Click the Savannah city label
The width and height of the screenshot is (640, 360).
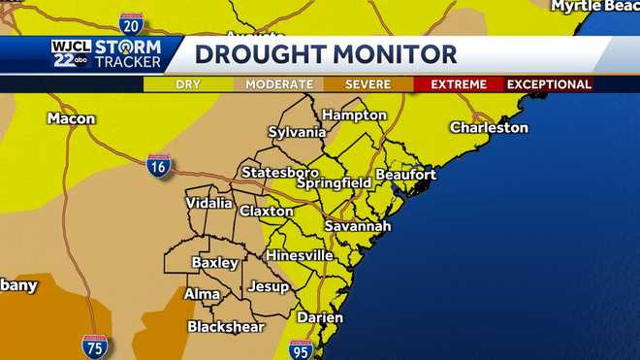[357, 225]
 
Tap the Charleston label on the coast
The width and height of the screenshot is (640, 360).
[489, 127]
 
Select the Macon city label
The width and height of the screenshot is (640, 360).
[72, 118]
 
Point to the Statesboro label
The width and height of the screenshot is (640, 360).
[280, 173]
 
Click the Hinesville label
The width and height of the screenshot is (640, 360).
[300, 255]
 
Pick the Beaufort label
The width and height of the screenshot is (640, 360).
[405, 174]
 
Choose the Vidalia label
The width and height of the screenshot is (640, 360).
[209, 203]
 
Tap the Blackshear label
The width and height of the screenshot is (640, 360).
[226, 327]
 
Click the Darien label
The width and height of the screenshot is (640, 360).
[320, 317]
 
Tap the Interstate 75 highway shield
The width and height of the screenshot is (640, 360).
[95, 345]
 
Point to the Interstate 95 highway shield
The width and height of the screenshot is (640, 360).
[301, 349]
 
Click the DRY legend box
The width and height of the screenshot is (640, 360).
[188, 84]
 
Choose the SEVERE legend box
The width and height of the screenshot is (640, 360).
[368, 84]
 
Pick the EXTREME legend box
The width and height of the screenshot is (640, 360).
[458, 84]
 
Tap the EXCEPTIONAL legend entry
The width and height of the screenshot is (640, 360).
[549, 84]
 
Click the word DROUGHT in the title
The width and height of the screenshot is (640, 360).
[256, 54]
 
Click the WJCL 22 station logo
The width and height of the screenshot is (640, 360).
[71, 53]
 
